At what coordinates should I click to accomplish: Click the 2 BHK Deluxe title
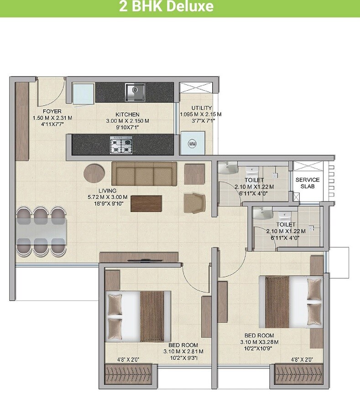point(166,7)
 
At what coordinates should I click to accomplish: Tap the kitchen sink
point(135,92)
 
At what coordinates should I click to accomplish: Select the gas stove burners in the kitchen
point(121,145)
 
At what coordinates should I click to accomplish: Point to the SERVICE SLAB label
point(307,183)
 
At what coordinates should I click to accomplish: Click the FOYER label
point(52,112)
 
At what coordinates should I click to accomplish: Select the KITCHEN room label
point(127,114)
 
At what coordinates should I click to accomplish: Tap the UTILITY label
point(201,108)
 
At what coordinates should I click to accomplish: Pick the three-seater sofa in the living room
point(145,173)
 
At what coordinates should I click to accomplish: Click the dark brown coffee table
point(146,203)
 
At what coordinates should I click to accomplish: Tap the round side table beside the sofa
point(94,174)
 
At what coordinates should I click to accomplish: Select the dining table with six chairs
point(42,231)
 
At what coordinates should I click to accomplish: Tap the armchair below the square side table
point(194,202)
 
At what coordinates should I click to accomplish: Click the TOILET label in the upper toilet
point(254,181)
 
